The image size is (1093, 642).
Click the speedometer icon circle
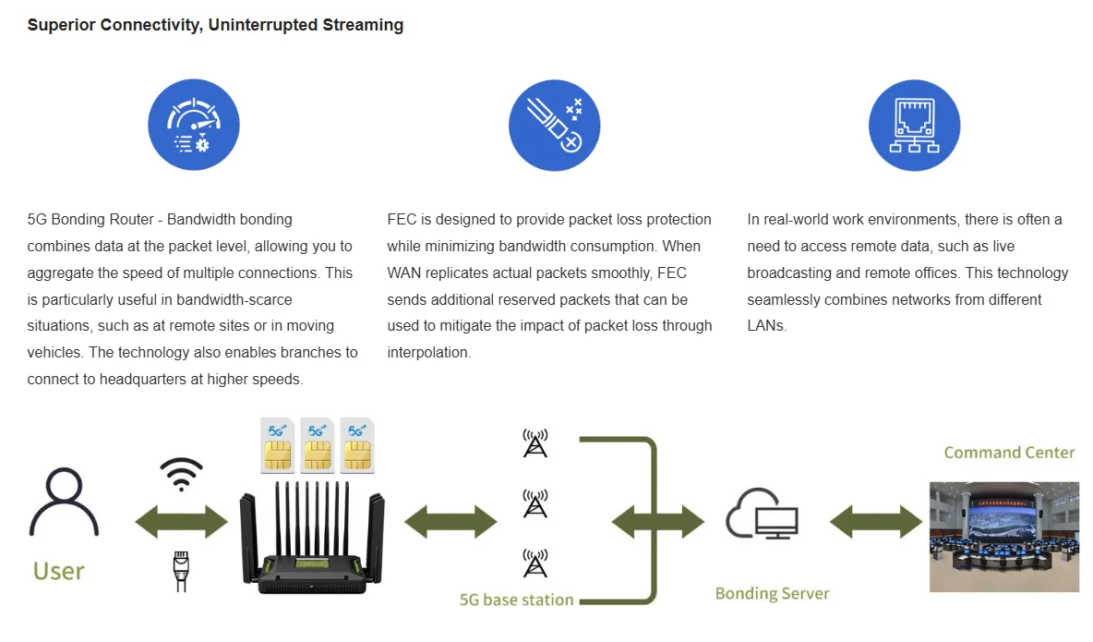tap(194, 124)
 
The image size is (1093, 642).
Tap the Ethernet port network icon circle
tap(915, 125)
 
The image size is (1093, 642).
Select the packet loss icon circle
tap(554, 125)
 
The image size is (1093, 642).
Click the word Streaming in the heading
tap(363, 25)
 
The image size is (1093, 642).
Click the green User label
tap(58, 572)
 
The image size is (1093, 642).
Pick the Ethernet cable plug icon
tap(181, 571)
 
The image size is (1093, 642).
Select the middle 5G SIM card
tap(318, 445)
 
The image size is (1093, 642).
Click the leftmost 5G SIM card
tap(278, 445)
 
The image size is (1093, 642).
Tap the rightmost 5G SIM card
tap(357, 445)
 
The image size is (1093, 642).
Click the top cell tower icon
tap(535, 443)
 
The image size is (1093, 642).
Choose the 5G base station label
tap(517, 600)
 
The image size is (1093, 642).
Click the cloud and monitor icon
tap(762, 515)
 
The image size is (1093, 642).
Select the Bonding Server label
tap(773, 593)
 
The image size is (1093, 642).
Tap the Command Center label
tap(1009, 453)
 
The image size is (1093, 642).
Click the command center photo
tap(1004, 537)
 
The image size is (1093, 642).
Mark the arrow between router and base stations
tap(451, 522)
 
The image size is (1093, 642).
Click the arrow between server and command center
tap(876, 522)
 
